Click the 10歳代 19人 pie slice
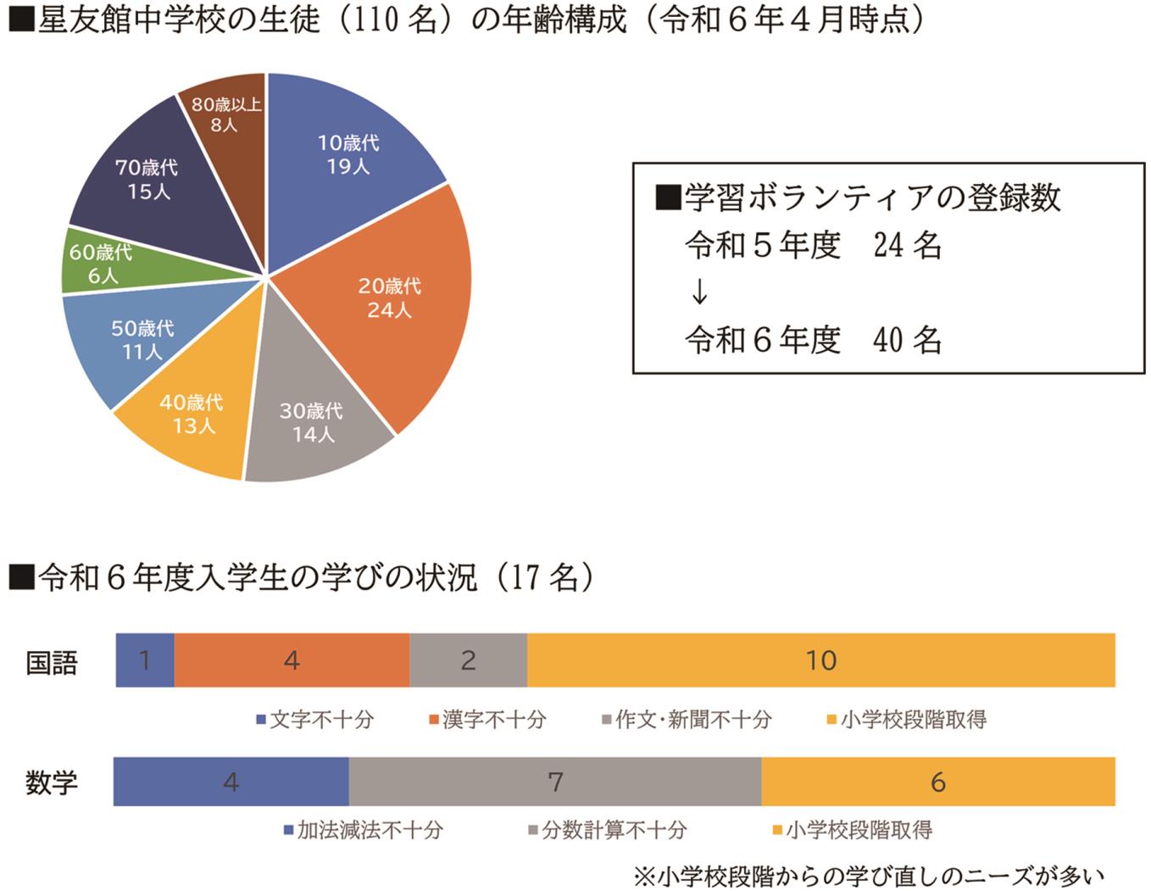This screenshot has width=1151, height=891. pyautogui.click(x=348, y=153)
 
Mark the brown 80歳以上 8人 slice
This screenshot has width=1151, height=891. pyautogui.click(x=225, y=114)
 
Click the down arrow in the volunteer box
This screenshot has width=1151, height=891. pyautogui.click(x=699, y=292)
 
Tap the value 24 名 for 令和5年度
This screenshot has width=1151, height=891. pyautogui.click(x=907, y=246)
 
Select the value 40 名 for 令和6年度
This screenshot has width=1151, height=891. pyautogui.click(x=907, y=340)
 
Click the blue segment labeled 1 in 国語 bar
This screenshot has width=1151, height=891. pyautogui.click(x=145, y=660)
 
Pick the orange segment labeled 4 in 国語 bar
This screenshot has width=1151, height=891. pyautogui.click(x=292, y=660)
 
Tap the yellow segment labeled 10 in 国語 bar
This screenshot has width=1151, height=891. pyautogui.click(x=820, y=660)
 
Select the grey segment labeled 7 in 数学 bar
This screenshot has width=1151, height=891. pyautogui.click(x=555, y=782)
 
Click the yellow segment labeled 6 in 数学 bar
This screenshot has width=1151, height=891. pyautogui.click(x=937, y=782)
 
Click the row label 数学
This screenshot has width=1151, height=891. pyautogui.click(x=52, y=782)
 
